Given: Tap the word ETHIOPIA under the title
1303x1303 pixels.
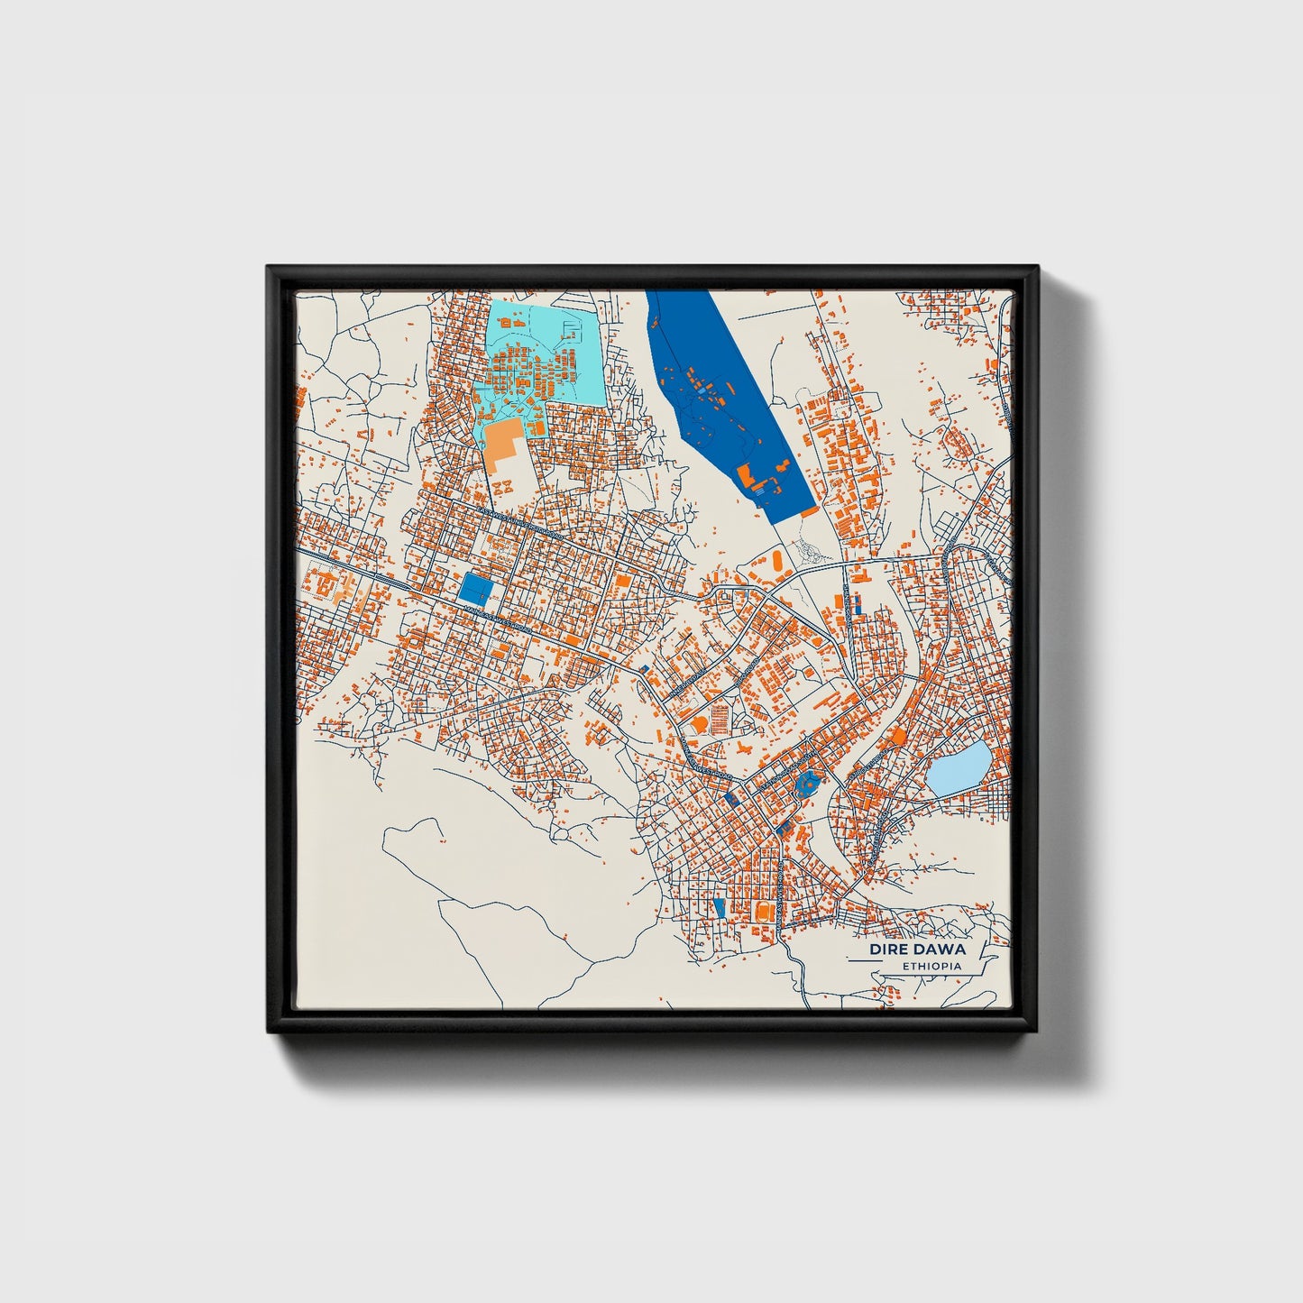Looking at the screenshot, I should (931, 966).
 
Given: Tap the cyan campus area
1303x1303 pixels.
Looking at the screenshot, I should (541, 352).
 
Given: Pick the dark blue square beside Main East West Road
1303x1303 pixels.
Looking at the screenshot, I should (475, 589).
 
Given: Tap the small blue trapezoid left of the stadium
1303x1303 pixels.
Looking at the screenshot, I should (718, 905).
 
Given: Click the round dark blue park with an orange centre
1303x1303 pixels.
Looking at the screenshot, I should (805, 782).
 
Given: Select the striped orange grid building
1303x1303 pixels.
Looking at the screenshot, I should (720, 719).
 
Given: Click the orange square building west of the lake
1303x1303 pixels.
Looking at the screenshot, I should (897, 738).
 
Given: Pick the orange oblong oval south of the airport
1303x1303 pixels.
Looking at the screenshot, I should (776, 560).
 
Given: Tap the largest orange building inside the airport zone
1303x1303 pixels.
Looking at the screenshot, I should (746, 474).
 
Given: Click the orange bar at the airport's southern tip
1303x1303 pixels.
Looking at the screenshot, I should (810, 511).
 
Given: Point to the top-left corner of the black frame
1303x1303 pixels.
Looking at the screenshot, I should (269, 268).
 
